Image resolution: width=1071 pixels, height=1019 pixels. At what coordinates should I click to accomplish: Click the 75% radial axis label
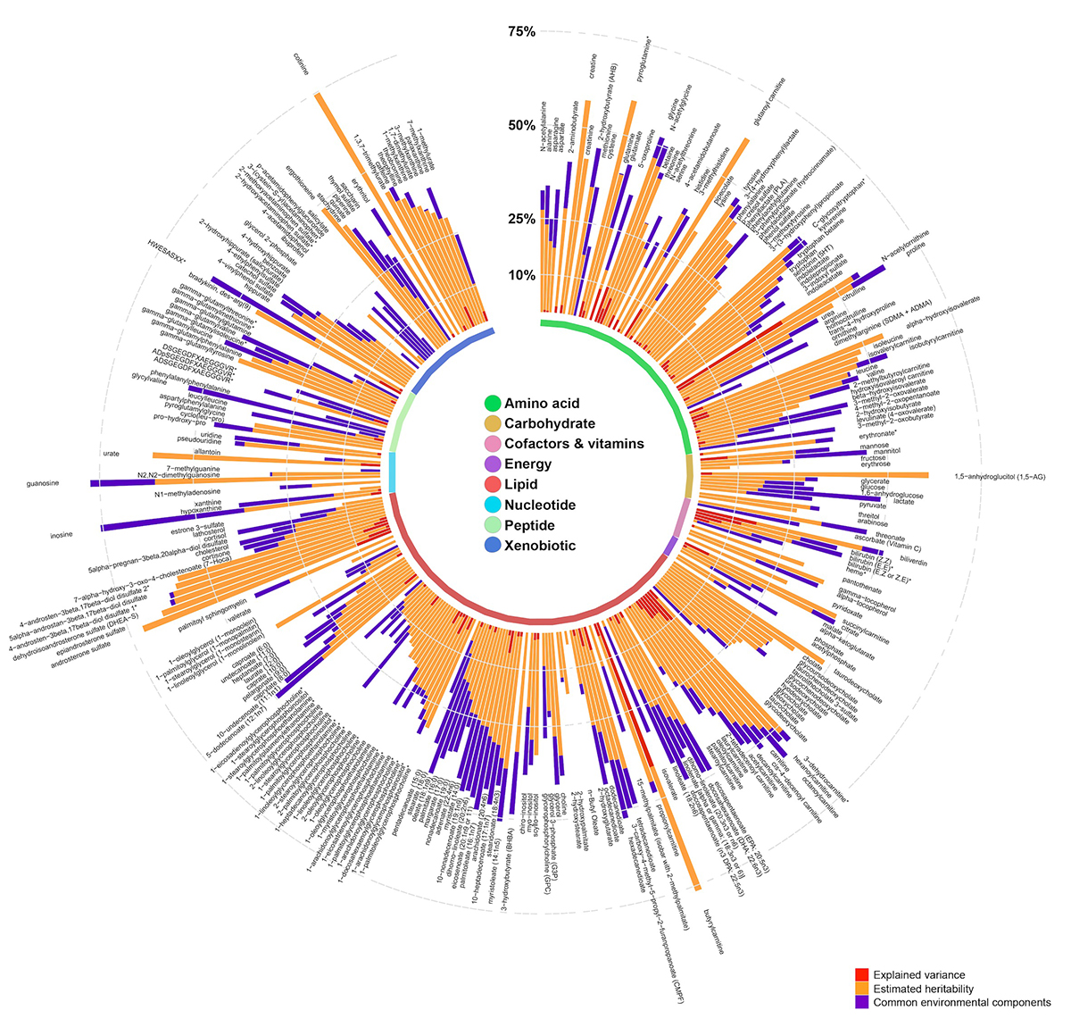[521, 33]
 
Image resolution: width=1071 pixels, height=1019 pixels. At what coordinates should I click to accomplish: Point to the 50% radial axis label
[521, 125]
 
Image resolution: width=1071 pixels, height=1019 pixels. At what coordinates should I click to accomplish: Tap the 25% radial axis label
[521, 219]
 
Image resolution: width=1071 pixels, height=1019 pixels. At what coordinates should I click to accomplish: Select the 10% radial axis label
[521, 275]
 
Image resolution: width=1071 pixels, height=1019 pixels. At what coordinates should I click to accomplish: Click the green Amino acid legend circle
[491, 404]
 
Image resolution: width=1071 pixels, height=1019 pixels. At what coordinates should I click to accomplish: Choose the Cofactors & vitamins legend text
[573, 444]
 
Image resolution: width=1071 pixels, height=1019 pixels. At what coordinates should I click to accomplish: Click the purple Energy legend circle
[491, 464]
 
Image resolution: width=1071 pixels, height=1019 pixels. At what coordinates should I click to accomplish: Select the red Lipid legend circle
[491, 485]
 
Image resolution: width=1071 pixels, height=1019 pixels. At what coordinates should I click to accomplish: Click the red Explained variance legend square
[861, 974]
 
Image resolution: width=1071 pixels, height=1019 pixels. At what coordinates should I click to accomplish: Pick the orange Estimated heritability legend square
[861, 989]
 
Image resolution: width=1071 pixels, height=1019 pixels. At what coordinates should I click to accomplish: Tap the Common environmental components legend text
[963, 1003]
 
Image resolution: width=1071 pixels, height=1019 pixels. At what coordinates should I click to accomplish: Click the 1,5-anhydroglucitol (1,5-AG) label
[1000, 476]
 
